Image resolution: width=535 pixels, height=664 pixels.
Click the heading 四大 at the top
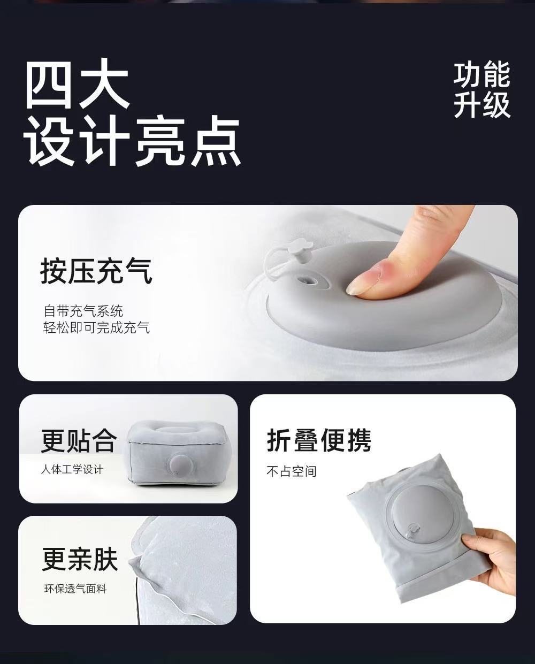tap(76, 83)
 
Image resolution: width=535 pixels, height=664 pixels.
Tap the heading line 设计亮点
tap(133, 141)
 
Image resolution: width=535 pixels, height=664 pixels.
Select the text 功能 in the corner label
tap(481, 74)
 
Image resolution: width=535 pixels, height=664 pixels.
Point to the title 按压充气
tap(96, 271)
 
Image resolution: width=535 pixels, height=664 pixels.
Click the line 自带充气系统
tap(83, 311)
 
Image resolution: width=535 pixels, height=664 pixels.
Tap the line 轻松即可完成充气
tap(97, 327)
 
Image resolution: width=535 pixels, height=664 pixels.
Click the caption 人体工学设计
tap(72, 470)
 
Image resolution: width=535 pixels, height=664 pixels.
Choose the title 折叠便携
tap(319, 440)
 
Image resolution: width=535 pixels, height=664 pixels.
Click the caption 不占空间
tap(292, 471)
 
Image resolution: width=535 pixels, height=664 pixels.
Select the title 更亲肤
tap(80, 559)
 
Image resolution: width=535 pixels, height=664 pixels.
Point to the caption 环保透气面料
tap(75, 589)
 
